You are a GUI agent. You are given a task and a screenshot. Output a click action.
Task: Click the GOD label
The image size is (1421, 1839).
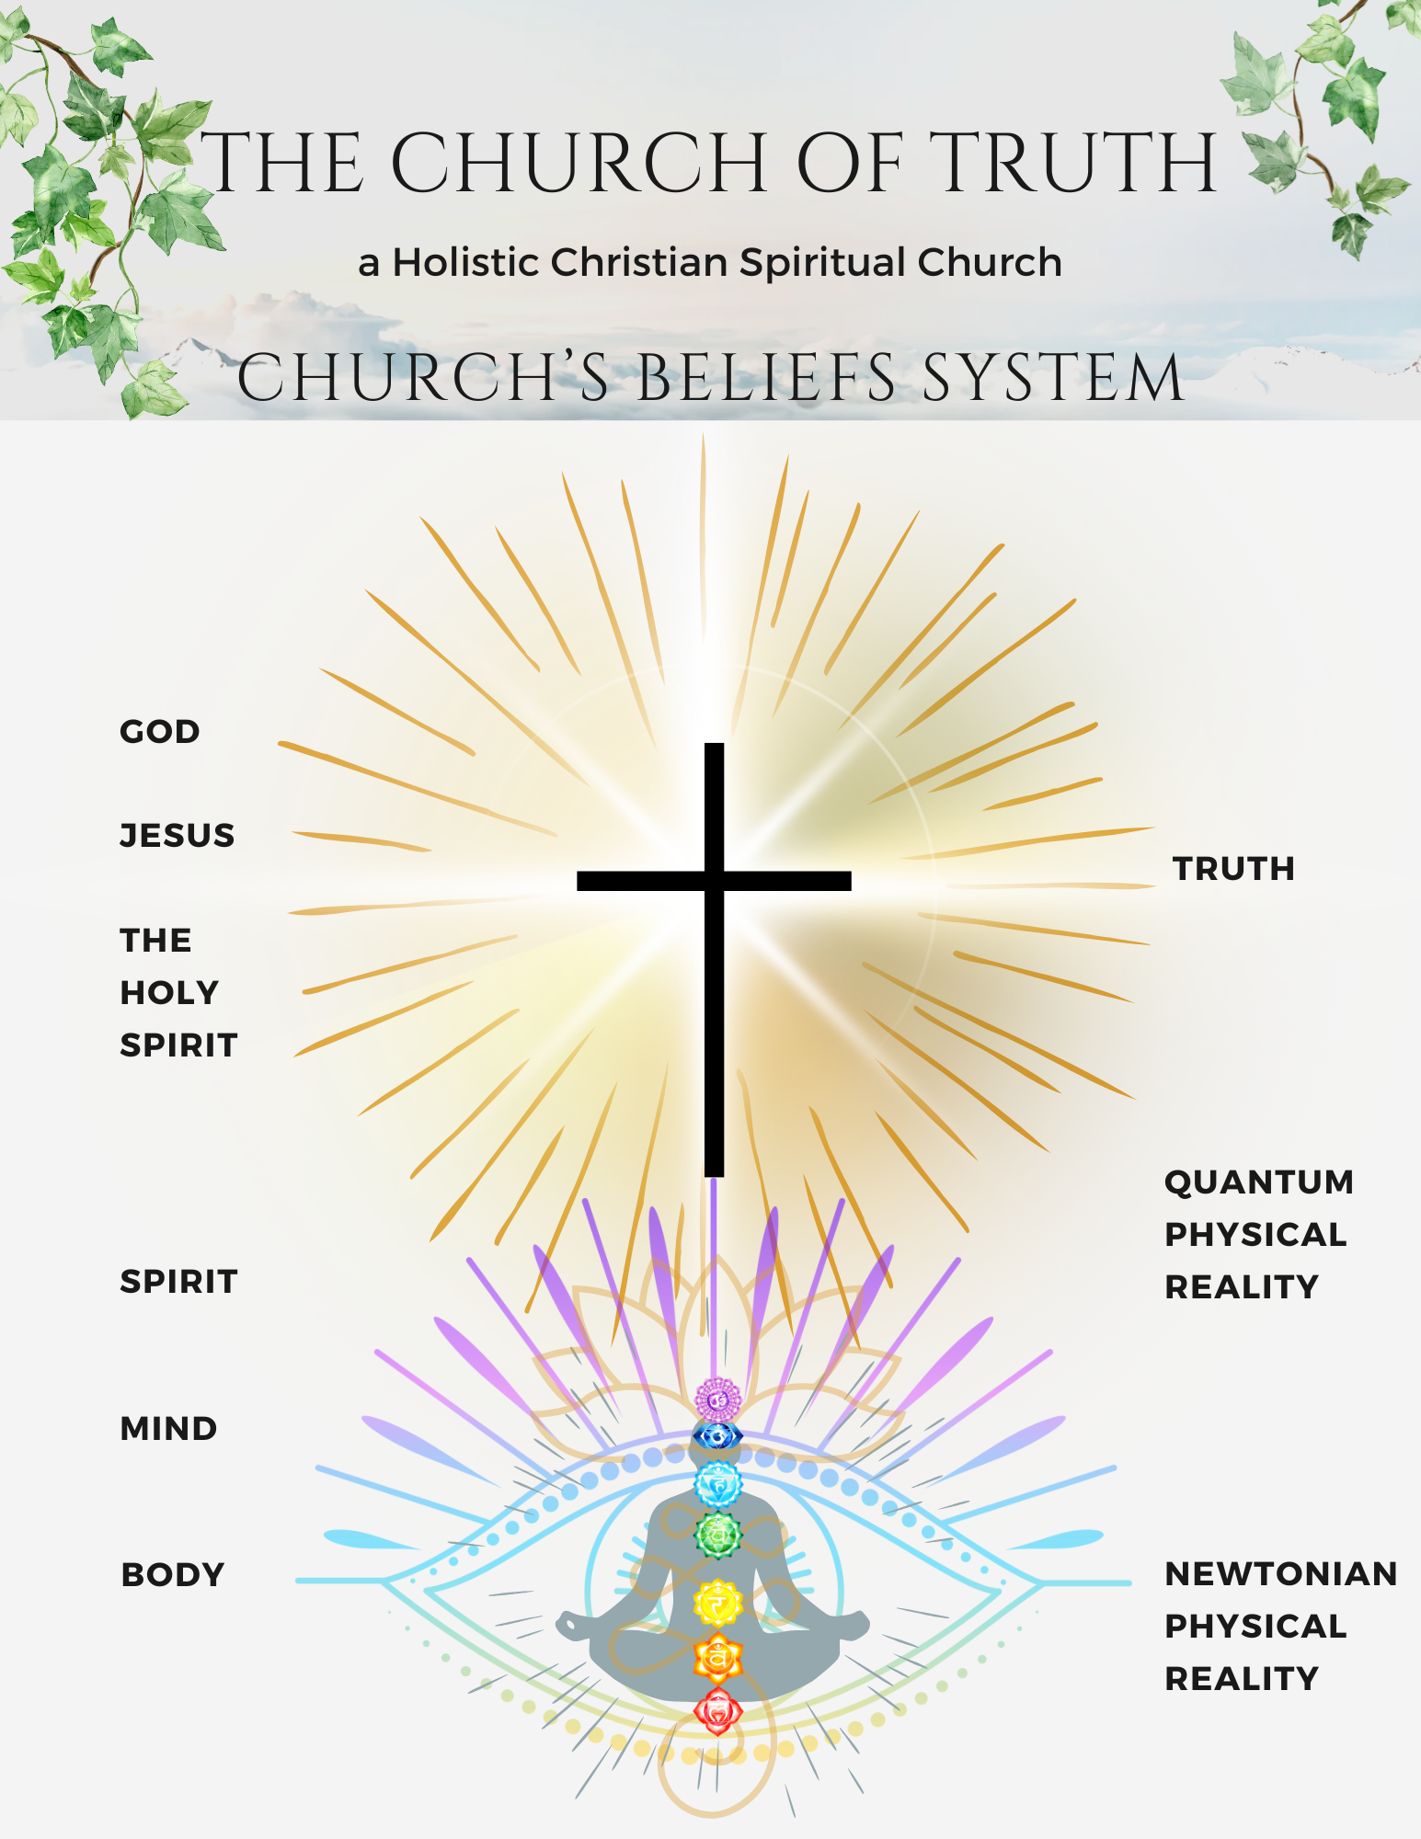159,732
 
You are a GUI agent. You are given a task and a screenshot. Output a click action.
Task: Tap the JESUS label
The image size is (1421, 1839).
178,836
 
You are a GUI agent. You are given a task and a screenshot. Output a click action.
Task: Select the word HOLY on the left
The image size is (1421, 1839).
169,993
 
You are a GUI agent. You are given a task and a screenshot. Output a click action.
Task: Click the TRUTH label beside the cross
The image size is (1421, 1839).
1233,869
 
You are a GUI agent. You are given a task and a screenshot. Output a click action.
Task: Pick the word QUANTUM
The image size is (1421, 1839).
1259,1182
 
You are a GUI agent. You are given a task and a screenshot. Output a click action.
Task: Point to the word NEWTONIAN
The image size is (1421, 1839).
1280,1574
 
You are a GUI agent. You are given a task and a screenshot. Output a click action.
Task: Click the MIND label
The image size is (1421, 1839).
168,1429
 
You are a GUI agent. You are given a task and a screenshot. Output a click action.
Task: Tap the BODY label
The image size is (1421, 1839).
173,1575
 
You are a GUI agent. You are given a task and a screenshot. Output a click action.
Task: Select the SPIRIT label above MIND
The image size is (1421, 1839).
178,1282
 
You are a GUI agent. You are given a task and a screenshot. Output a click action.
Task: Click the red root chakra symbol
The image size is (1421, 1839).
717,1711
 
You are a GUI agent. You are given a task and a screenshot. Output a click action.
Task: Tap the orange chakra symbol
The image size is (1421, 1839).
717,1658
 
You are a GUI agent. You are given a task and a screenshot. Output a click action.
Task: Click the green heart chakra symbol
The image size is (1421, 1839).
717,1535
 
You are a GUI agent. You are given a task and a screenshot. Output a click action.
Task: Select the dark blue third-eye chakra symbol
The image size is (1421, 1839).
717,1435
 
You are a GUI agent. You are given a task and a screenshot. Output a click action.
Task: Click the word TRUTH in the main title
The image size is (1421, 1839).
1078,164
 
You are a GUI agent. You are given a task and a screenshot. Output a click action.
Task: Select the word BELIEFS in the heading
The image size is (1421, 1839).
766,378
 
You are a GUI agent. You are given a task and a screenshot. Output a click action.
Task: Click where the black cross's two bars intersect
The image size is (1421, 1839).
714,881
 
